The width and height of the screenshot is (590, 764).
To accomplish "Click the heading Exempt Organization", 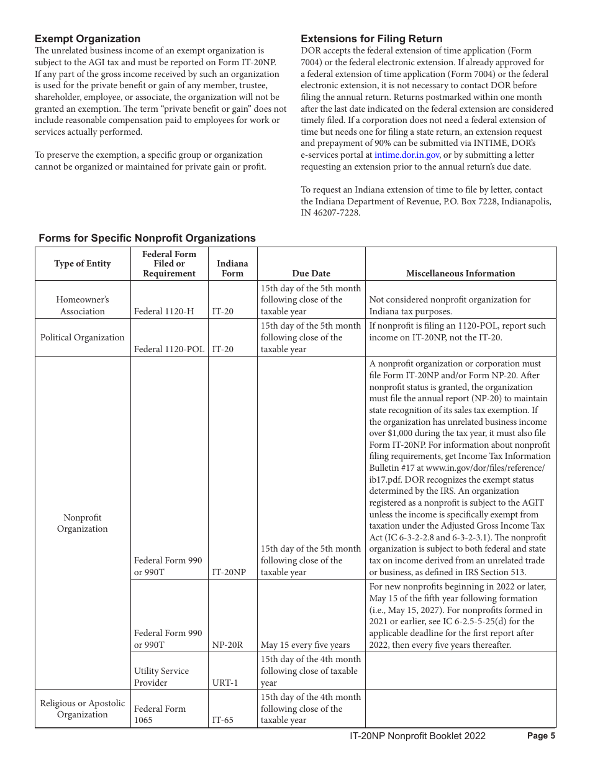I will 88,39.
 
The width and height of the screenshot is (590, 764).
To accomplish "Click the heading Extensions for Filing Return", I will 371,39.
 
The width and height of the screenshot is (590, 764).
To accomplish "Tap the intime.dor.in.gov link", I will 407,155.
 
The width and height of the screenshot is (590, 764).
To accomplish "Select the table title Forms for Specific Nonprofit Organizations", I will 147,238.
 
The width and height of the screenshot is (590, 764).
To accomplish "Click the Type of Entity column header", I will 82,263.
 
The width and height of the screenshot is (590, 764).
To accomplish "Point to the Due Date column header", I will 311,273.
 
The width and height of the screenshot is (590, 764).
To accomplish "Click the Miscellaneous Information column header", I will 460,273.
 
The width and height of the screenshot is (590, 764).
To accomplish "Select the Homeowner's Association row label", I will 82,305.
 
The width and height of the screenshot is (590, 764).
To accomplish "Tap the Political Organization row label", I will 82,337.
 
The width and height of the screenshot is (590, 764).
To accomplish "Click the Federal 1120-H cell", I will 159,311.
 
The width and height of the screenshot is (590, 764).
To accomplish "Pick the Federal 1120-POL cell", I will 168,349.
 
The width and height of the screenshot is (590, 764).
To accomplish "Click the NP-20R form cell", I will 227,645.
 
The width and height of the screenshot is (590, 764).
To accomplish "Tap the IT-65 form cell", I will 222,721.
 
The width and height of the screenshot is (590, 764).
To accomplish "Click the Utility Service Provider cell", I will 161,676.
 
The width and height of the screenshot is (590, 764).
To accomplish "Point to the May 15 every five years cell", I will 305,645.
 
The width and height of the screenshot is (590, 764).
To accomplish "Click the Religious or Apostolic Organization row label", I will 82,709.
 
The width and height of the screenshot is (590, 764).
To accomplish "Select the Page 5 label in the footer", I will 541,736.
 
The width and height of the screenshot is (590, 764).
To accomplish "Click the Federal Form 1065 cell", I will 160,714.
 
